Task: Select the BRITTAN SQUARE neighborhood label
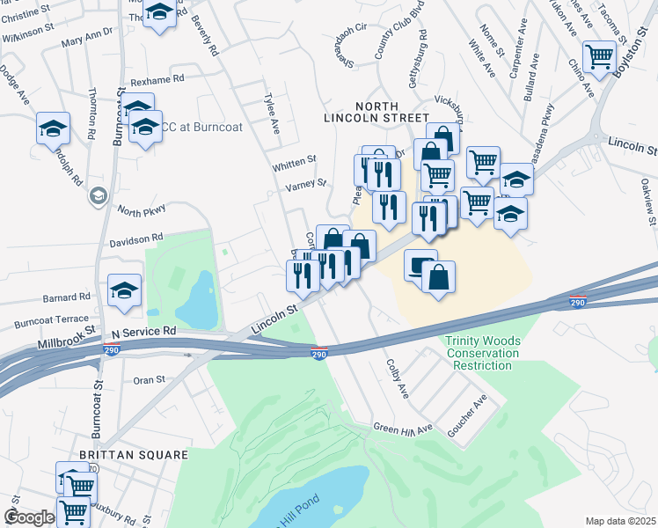[134, 455]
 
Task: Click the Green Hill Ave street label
[403, 429]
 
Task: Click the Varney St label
[305, 186]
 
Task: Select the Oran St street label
[149, 379]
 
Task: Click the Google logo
[28, 517]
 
